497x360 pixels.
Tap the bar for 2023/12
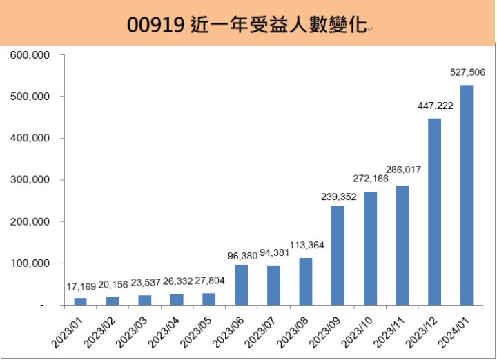(x=434, y=211)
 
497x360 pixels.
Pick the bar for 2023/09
(x=338, y=254)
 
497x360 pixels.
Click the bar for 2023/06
(x=242, y=284)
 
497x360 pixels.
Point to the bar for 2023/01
(x=81, y=301)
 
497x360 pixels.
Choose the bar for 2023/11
(x=402, y=245)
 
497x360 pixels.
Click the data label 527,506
(x=467, y=71)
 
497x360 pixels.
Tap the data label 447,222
(x=435, y=106)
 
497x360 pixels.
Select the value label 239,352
(x=338, y=197)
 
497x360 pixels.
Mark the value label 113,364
(x=306, y=245)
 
